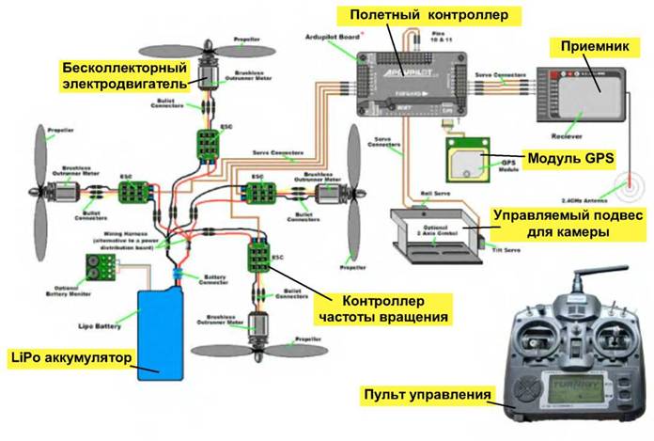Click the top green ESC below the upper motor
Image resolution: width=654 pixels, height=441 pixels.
(208, 142)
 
